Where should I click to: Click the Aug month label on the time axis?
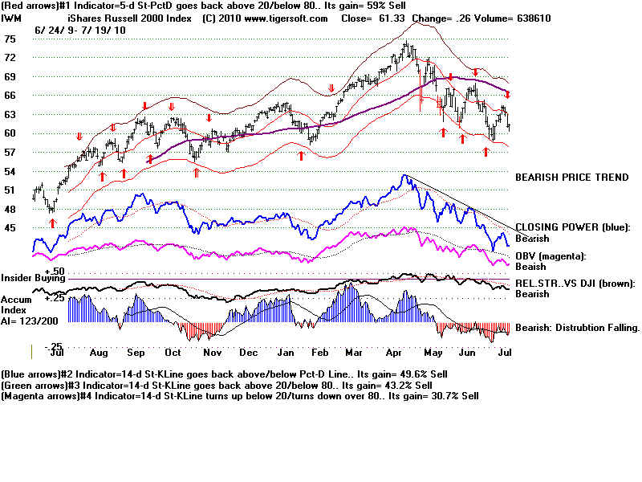pos(98,353)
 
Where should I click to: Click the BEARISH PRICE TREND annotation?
pos(571,177)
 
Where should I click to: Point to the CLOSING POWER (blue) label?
pos(573,227)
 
